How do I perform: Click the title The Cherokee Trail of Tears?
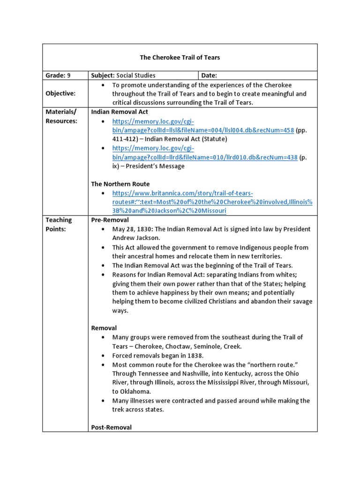coord(180,58)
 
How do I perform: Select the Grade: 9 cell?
coord(58,75)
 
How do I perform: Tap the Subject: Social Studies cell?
coord(123,75)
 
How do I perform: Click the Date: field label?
coord(210,75)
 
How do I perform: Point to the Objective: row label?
coord(60,94)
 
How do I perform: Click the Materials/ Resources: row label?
coord(61,116)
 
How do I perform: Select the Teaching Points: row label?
coord(59,225)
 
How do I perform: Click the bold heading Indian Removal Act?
coord(120,112)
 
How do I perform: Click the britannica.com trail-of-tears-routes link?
coord(212,202)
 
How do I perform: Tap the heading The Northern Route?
coord(120,184)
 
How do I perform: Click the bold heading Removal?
coord(104,328)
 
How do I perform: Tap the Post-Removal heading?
coord(111,427)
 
